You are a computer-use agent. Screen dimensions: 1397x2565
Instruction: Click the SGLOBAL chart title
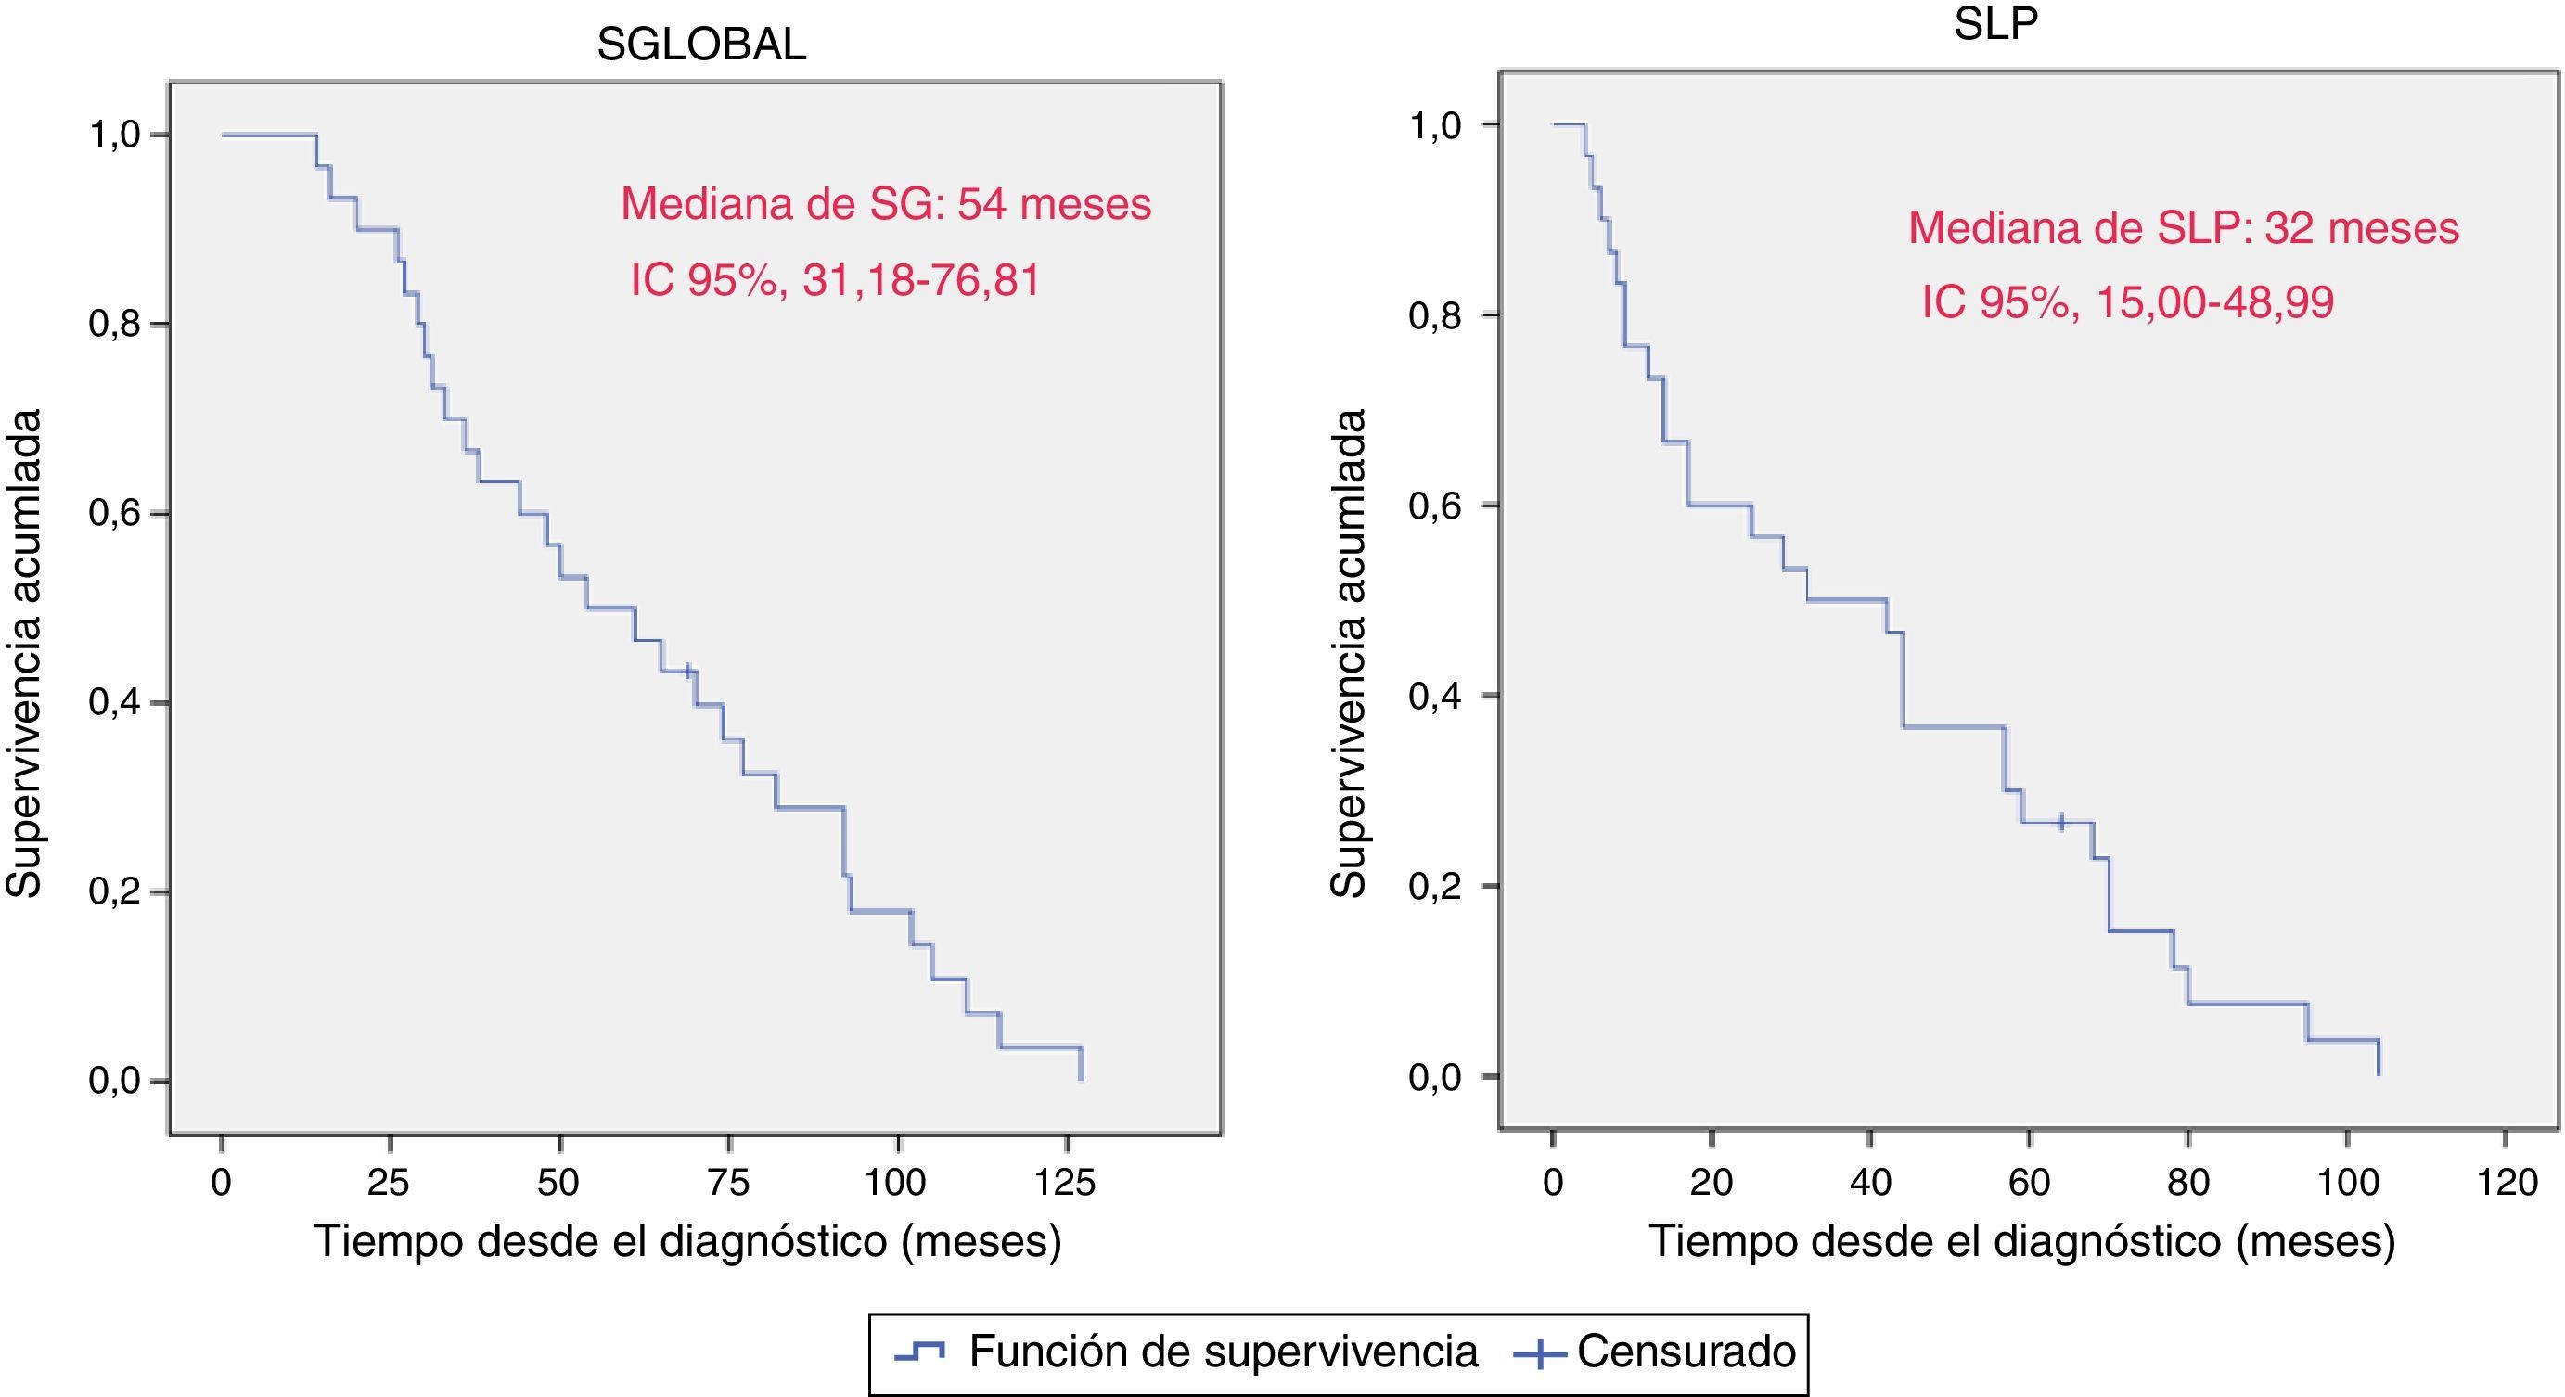point(701,45)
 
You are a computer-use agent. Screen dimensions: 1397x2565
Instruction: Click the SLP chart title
point(1995,25)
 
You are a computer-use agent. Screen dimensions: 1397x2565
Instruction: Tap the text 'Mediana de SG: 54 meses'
point(885,204)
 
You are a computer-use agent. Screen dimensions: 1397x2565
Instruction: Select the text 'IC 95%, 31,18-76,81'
point(834,280)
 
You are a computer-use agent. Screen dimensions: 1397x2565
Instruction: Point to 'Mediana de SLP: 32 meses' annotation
point(2183,228)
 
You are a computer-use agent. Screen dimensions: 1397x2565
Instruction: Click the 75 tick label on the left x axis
point(728,1182)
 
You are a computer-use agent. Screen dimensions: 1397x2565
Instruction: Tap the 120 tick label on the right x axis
point(2506,1182)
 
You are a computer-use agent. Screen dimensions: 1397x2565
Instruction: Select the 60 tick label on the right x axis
point(2028,1182)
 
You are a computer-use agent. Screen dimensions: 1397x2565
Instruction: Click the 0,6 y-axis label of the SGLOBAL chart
point(114,514)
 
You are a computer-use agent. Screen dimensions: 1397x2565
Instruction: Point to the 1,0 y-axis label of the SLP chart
point(1434,125)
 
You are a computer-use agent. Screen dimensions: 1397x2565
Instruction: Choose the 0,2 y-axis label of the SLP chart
point(1434,886)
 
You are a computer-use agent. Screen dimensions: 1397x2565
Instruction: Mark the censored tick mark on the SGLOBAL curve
point(687,671)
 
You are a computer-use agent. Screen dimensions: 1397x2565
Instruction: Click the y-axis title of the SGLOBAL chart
point(24,652)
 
